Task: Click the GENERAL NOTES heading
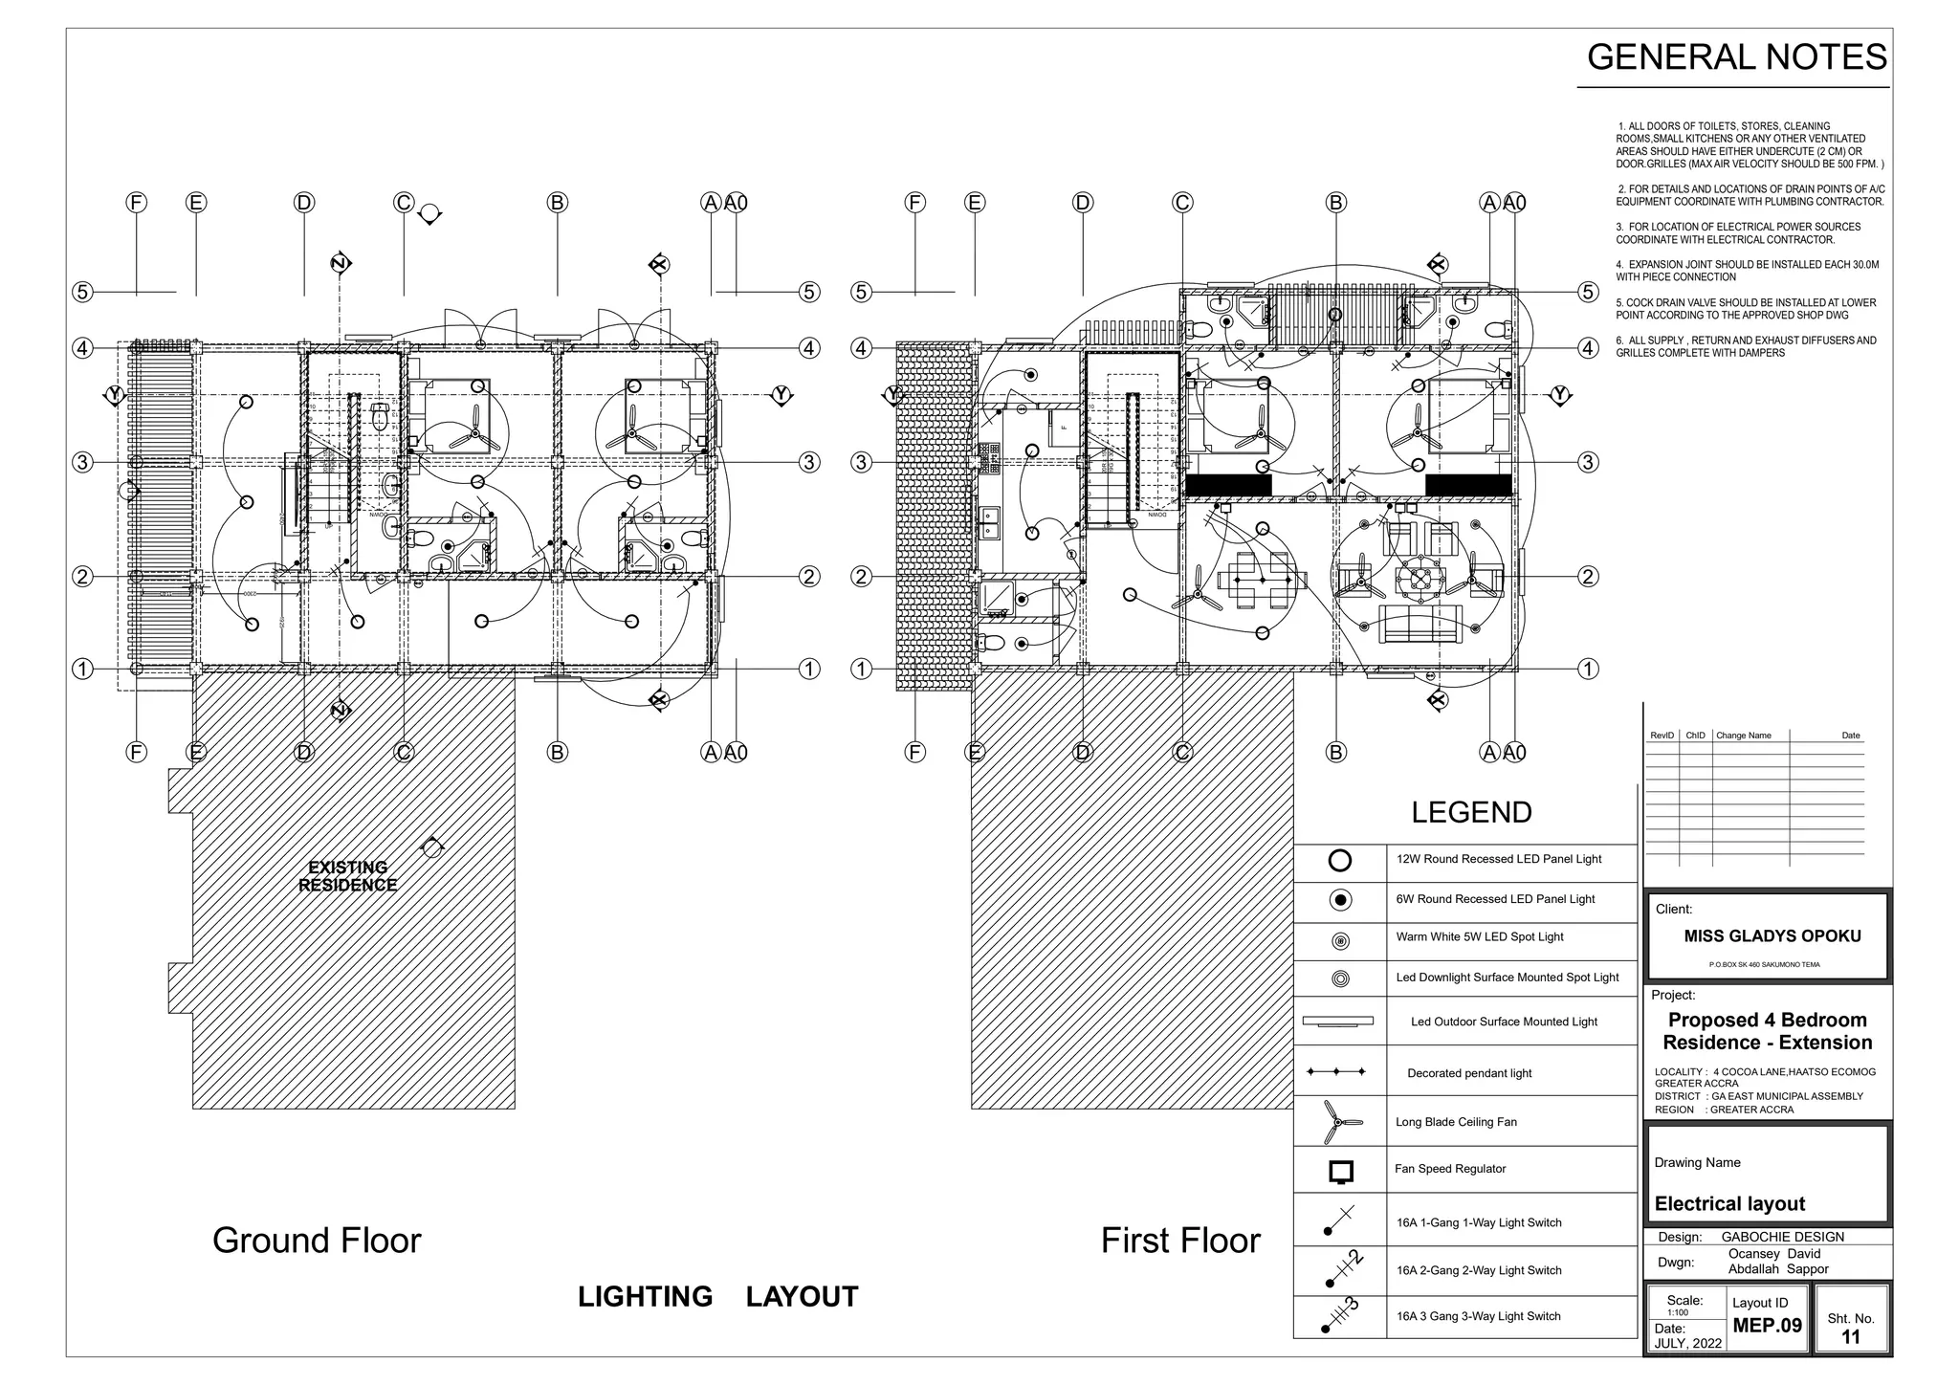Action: (1736, 57)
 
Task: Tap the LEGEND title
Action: (1471, 812)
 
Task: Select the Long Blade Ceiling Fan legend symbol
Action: (1339, 1122)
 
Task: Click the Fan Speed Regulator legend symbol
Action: (1341, 1171)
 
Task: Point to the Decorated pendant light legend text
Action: (1469, 1073)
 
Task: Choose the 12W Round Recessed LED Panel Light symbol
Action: (1340, 860)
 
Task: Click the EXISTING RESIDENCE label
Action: (347, 876)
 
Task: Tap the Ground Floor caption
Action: (317, 1241)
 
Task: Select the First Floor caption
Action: (1180, 1241)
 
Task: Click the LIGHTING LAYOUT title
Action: (717, 1297)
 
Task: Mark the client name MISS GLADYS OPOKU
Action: (1772, 936)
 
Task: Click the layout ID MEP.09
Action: (1767, 1326)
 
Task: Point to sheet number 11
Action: (1851, 1337)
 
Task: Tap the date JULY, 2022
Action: (1688, 1343)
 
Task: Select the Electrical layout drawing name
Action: (1729, 1204)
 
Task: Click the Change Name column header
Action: (1743, 736)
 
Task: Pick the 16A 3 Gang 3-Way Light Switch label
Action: (1478, 1316)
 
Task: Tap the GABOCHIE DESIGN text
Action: (1782, 1237)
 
